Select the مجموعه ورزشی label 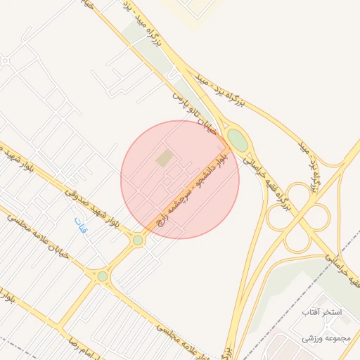[x=326, y=338]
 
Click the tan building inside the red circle [x=164, y=158]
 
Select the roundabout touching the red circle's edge [x=138, y=240]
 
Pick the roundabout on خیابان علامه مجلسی [x=103, y=276]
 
